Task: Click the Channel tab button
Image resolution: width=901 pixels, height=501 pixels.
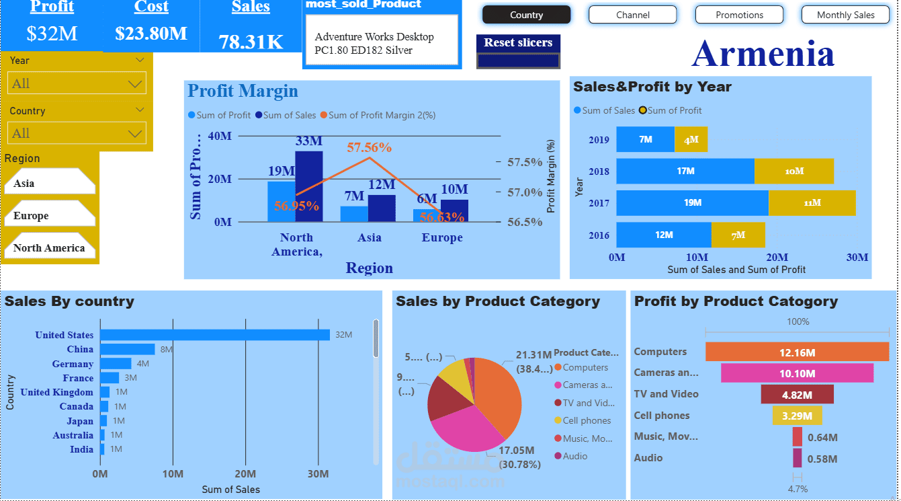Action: [x=632, y=15]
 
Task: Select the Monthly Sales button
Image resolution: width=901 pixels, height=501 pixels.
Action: [x=845, y=15]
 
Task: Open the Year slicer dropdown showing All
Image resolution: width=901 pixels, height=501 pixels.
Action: [x=77, y=84]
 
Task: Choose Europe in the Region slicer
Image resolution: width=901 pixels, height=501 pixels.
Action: [x=48, y=216]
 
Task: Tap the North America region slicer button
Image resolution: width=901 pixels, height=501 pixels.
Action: [x=49, y=248]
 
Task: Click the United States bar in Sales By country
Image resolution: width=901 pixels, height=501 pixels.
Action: [x=215, y=335]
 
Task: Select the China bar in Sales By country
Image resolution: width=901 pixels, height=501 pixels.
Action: [x=128, y=349]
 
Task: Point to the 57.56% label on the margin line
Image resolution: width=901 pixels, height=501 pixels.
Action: [x=369, y=147]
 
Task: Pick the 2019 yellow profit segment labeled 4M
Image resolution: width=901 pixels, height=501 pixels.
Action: [x=691, y=140]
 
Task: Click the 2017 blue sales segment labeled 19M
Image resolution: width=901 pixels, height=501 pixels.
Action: [x=692, y=202]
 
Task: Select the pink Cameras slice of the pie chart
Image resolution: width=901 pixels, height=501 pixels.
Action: [x=464, y=430]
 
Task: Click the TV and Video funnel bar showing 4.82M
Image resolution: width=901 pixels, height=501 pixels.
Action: [x=797, y=394]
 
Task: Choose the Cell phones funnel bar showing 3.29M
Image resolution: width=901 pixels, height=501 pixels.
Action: [x=797, y=416]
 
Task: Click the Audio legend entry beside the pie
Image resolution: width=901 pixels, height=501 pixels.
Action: [x=574, y=456]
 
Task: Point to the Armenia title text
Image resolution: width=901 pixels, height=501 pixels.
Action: [x=763, y=53]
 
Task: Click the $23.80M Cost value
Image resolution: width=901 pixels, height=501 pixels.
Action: [x=151, y=33]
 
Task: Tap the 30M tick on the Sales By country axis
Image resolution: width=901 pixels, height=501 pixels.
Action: [x=318, y=474]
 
